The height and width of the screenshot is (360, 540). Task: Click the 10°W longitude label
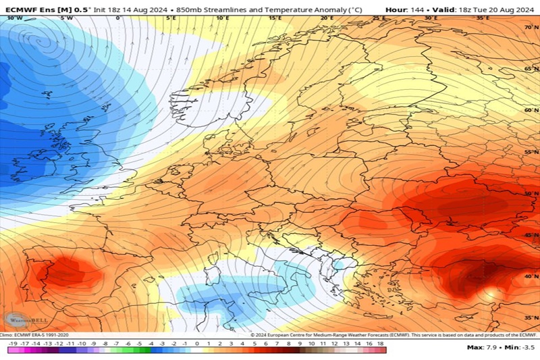click(x=13, y=18)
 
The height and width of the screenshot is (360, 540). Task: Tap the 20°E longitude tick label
click(x=327, y=18)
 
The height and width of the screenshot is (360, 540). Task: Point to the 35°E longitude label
click(x=483, y=18)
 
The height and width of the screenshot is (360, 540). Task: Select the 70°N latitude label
click(x=532, y=27)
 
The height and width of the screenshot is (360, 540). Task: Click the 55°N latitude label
click(x=532, y=153)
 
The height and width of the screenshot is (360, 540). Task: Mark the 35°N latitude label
click(x=532, y=317)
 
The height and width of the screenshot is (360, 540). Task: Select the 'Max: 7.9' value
click(x=481, y=347)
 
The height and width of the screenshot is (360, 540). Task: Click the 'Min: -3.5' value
click(x=518, y=347)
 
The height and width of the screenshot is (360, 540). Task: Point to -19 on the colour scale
click(x=13, y=343)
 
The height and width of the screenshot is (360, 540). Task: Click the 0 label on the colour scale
click(x=197, y=343)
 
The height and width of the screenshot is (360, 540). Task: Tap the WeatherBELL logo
click(x=18, y=319)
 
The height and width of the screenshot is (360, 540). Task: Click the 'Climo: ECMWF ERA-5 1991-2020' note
click(x=34, y=334)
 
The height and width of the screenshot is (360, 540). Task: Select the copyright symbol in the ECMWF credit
click(x=251, y=334)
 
